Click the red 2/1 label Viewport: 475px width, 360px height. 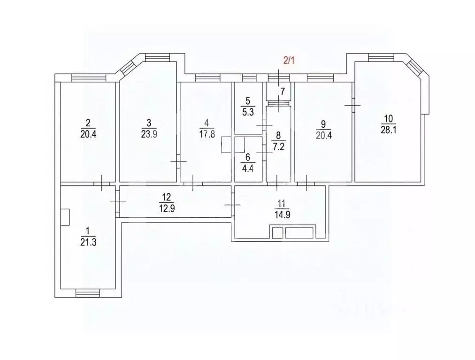coord(287,61)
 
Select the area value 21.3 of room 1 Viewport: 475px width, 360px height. coord(87,242)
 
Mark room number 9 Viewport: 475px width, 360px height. coord(323,124)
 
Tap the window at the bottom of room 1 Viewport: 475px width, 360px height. coord(88,293)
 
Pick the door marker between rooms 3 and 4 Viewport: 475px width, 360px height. coord(178,161)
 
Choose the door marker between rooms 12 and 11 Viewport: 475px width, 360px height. coord(232,205)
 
